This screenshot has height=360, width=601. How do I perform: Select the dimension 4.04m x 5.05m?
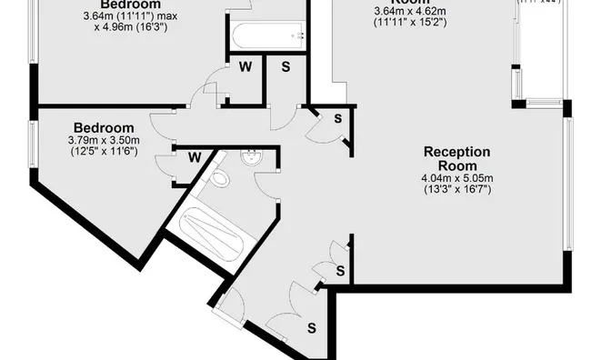pyautogui.click(x=456, y=178)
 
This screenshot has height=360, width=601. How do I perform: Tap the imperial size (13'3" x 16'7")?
pyautogui.click(x=456, y=189)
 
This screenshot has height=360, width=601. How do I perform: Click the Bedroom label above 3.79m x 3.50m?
pyautogui.click(x=104, y=128)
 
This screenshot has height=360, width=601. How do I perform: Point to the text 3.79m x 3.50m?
pyautogui.click(x=104, y=141)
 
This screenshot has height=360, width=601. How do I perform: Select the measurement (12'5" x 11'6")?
pyautogui.click(x=104, y=152)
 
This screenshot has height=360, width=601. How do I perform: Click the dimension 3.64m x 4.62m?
pyautogui.click(x=408, y=11)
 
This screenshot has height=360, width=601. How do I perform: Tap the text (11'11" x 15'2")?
pyautogui.click(x=409, y=23)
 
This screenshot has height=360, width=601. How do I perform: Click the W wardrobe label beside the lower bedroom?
pyautogui.click(x=195, y=156)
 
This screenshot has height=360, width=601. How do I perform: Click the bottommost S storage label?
pyautogui.click(x=311, y=326)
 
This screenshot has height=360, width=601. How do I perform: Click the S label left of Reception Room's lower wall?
pyautogui.click(x=340, y=271)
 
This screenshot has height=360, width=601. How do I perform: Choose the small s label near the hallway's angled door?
pyautogui.click(x=336, y=117)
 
